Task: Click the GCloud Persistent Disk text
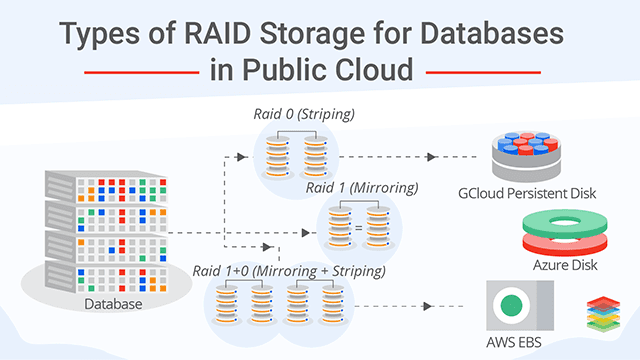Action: pos(526,192)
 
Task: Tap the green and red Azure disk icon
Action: pos(565,229)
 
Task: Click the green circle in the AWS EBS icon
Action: pos(513,304)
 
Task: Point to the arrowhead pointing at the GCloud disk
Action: pos(431,158)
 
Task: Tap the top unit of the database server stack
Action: pos(85,185)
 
